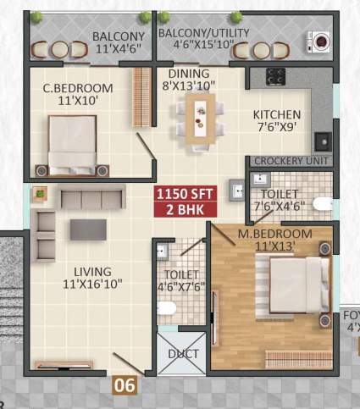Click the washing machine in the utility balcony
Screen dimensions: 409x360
coord(321,40)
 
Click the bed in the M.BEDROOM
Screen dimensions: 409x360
coord(296,285)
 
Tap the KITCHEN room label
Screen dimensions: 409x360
coord(277,120)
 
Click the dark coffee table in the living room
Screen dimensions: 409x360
coord(88,229)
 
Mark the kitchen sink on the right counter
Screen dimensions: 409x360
coord(321,141)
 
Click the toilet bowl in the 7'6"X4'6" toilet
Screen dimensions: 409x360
coord(321,203)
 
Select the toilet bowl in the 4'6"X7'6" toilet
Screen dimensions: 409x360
coord(167,311)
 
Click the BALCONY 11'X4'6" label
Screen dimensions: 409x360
coord(118,42)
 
